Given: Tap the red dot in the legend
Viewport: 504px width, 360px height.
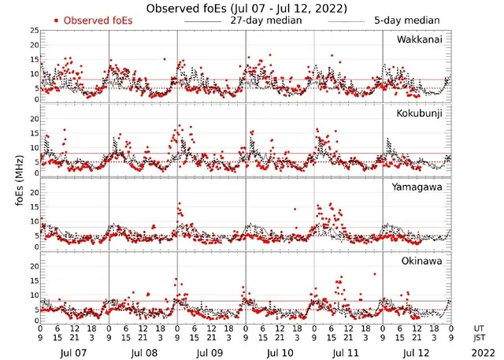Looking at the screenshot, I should click(56, 20).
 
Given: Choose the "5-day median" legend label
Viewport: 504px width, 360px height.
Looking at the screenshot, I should click(398, 20).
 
